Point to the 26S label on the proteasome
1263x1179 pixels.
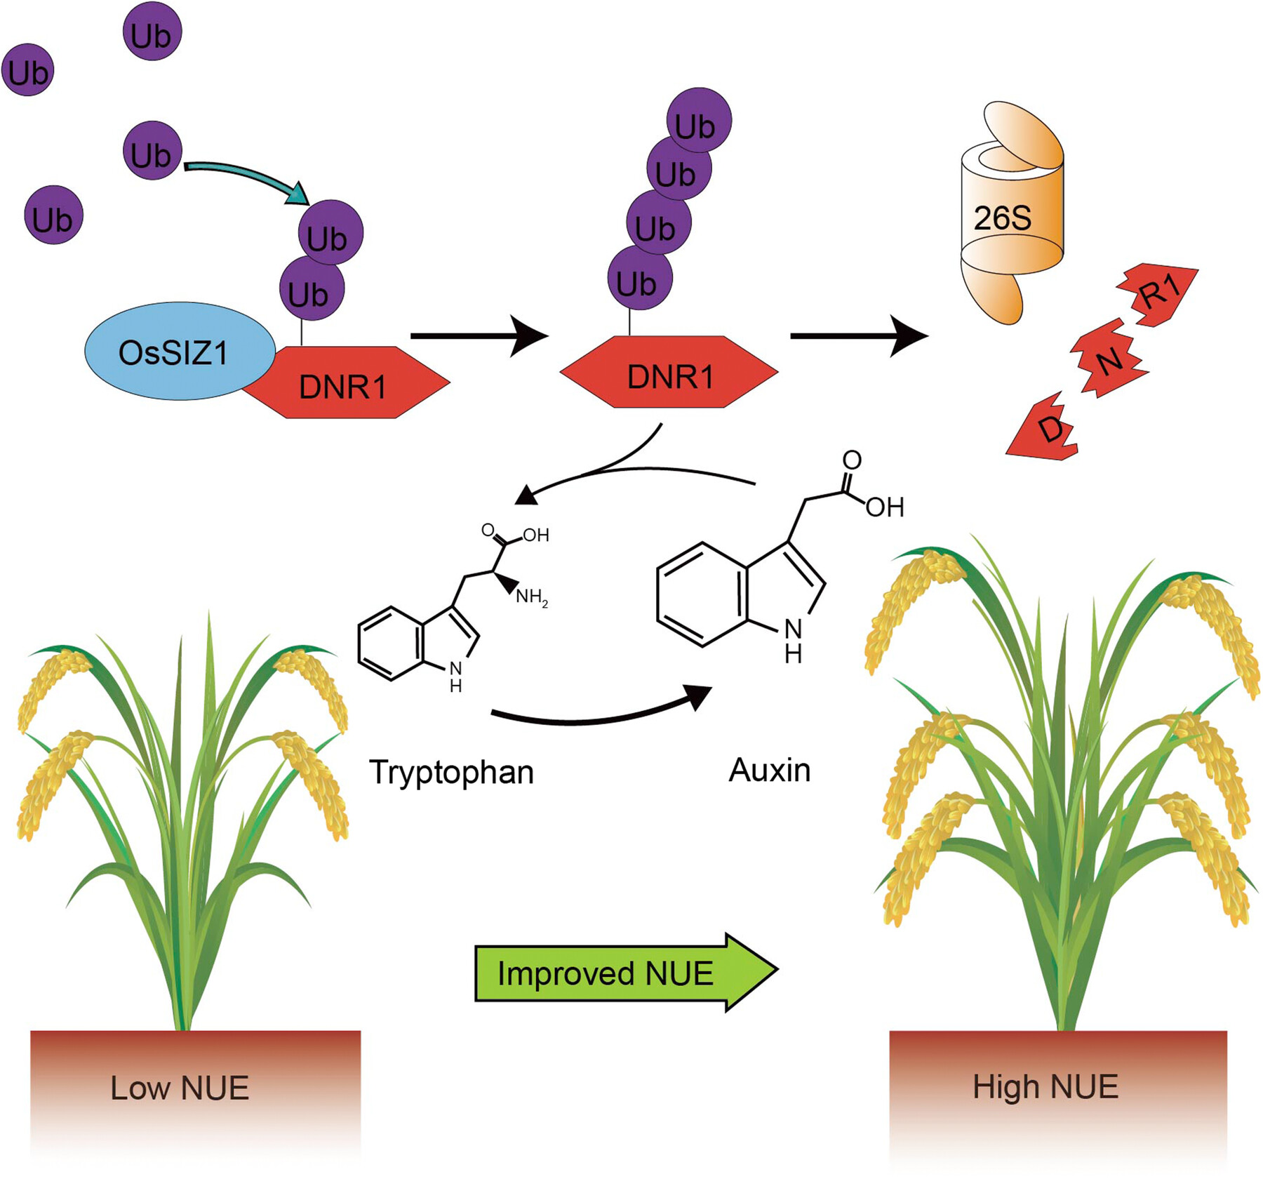1002,218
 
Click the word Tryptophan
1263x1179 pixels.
451,772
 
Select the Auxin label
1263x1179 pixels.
769,771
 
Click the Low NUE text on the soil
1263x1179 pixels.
180,1088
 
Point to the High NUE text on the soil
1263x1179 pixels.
1045,1086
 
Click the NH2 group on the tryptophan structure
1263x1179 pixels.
531,598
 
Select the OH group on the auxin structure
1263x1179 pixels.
884,507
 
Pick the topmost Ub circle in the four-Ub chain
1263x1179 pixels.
698,121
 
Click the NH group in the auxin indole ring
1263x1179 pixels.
793,640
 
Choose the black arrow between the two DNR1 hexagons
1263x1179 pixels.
478,336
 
